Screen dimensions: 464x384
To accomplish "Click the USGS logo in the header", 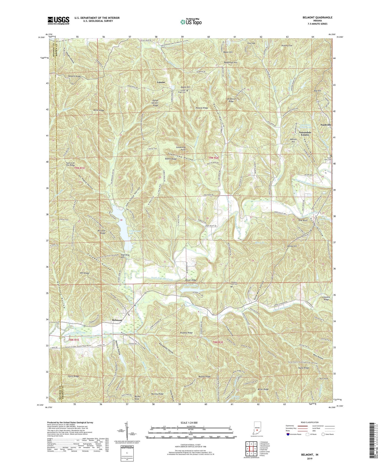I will pos(58,20).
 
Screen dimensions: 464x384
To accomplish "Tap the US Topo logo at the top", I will pos(191,22).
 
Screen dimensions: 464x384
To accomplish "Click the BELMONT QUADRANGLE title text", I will pos(317,18).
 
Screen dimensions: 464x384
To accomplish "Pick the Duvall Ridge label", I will pos(190,280).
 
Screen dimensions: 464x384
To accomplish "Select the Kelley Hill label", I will pos(292,246).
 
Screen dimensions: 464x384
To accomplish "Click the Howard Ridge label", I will pos(74,76).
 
